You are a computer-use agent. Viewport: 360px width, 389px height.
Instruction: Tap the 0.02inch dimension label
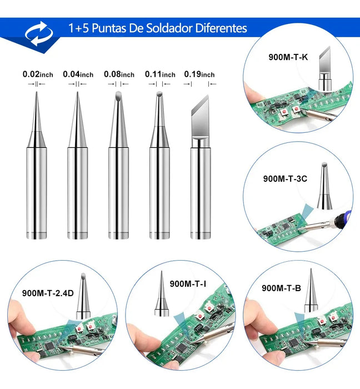coord(38,74)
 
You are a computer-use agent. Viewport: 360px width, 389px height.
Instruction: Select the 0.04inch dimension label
coord(78,74)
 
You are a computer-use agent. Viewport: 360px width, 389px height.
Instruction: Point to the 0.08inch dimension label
coord(119,74)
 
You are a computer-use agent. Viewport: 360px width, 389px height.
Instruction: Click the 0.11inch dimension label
coord(160,74)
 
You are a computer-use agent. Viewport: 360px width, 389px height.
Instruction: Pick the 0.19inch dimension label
coord(199,74)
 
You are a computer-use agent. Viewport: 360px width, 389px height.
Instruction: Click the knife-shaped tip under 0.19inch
coord(200,167)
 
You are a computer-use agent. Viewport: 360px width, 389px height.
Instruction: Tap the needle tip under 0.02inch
coord(37,167)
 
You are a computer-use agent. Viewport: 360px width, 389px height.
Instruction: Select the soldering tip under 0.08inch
coord(118,167)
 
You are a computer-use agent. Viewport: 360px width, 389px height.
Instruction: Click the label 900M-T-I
coord(188,284)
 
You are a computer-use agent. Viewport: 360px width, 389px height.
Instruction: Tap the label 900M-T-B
coord(281,288)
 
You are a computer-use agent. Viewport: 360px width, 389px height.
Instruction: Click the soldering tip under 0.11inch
coord(159,167)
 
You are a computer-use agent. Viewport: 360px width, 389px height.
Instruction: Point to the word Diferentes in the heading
coord(221,28)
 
